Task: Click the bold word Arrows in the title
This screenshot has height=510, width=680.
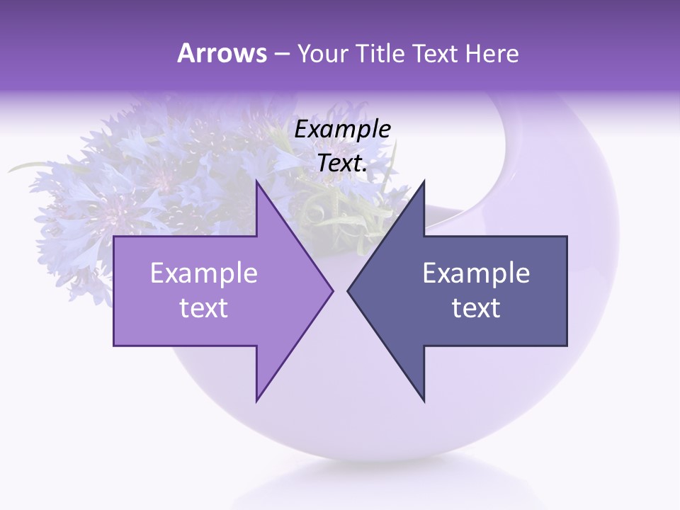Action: [x=222, y=53]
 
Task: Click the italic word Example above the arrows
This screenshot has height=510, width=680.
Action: [x=343, y=130]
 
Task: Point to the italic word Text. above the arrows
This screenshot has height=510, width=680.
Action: [x=343, y=164]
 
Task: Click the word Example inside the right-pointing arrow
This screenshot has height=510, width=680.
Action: [x=204, y=273]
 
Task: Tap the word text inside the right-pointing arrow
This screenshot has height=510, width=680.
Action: [x=204, y=308]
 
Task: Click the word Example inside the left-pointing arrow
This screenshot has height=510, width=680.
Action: [x=476, y=273]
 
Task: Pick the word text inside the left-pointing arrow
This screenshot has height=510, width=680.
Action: [x=476, y=308]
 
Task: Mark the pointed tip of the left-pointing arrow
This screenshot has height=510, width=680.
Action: [x=348, y=290]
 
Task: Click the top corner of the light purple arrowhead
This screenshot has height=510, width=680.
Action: [x=257, y=182]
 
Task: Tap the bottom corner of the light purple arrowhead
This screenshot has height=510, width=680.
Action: [x=257, y=399]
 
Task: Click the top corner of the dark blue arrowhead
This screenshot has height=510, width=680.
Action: [x=423, y=182]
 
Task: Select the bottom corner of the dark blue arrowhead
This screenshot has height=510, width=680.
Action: [x=423, y=399]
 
